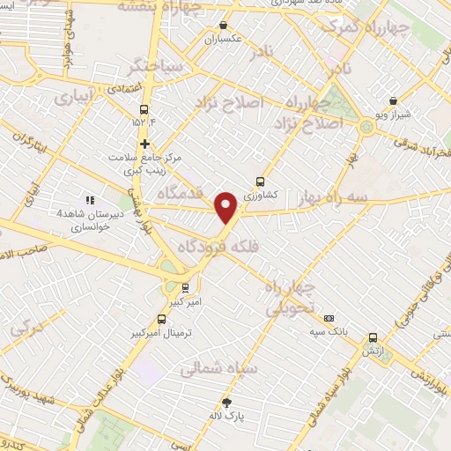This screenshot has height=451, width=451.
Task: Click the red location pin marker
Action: click(227, 208)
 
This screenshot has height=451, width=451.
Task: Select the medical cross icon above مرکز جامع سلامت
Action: click(145, 144)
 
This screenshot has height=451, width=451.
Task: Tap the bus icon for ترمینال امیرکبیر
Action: click(161, 319)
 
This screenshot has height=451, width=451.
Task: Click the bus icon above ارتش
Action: click(373, 336)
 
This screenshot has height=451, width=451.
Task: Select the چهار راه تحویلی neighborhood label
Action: click(292, 299)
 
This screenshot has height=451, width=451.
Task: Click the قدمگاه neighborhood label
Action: click(181, 191)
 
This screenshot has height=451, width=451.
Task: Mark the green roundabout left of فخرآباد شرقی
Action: click(366, 126)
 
